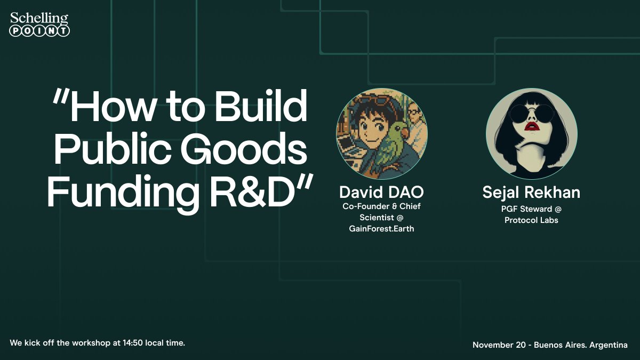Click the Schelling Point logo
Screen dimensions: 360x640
[x=40, y=25]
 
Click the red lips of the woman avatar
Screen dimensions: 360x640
[x=531, y=126]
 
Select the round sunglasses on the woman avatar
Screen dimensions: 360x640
[x=531, y=114]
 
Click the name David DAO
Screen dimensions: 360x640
[x=381, y=192]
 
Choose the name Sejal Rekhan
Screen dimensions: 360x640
[x=531, y=192]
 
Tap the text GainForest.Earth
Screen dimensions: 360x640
[x=381, y=228]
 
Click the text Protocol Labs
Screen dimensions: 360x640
[x=531, y=220]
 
